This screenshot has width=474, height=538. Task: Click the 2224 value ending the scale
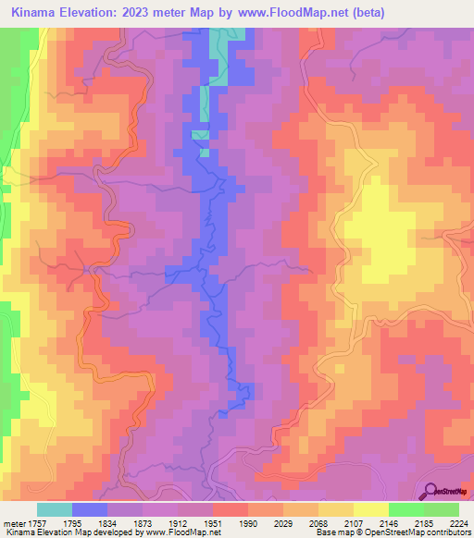[x=458, y=524]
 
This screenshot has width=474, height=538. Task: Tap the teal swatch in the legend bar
[x=55, y=509]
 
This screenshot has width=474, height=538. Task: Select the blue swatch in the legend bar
[x=90, y=509]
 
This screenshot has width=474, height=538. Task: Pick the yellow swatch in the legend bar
[x=371, y=509]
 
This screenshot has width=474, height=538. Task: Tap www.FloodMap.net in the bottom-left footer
[x=172, y=533]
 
